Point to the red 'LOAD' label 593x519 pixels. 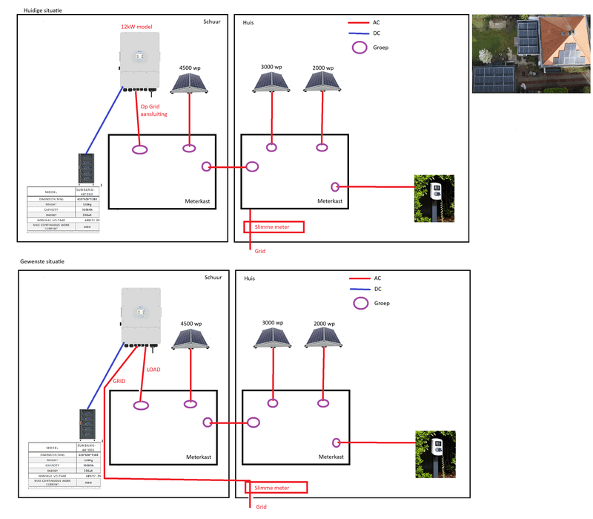click(x=153, y=369)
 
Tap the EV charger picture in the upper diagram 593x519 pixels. click(x=433, y=198)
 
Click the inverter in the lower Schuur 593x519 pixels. click(x=140, y=316)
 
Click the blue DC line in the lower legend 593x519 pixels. click(x=361, y=289)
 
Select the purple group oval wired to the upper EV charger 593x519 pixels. click(x=335, y=187)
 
